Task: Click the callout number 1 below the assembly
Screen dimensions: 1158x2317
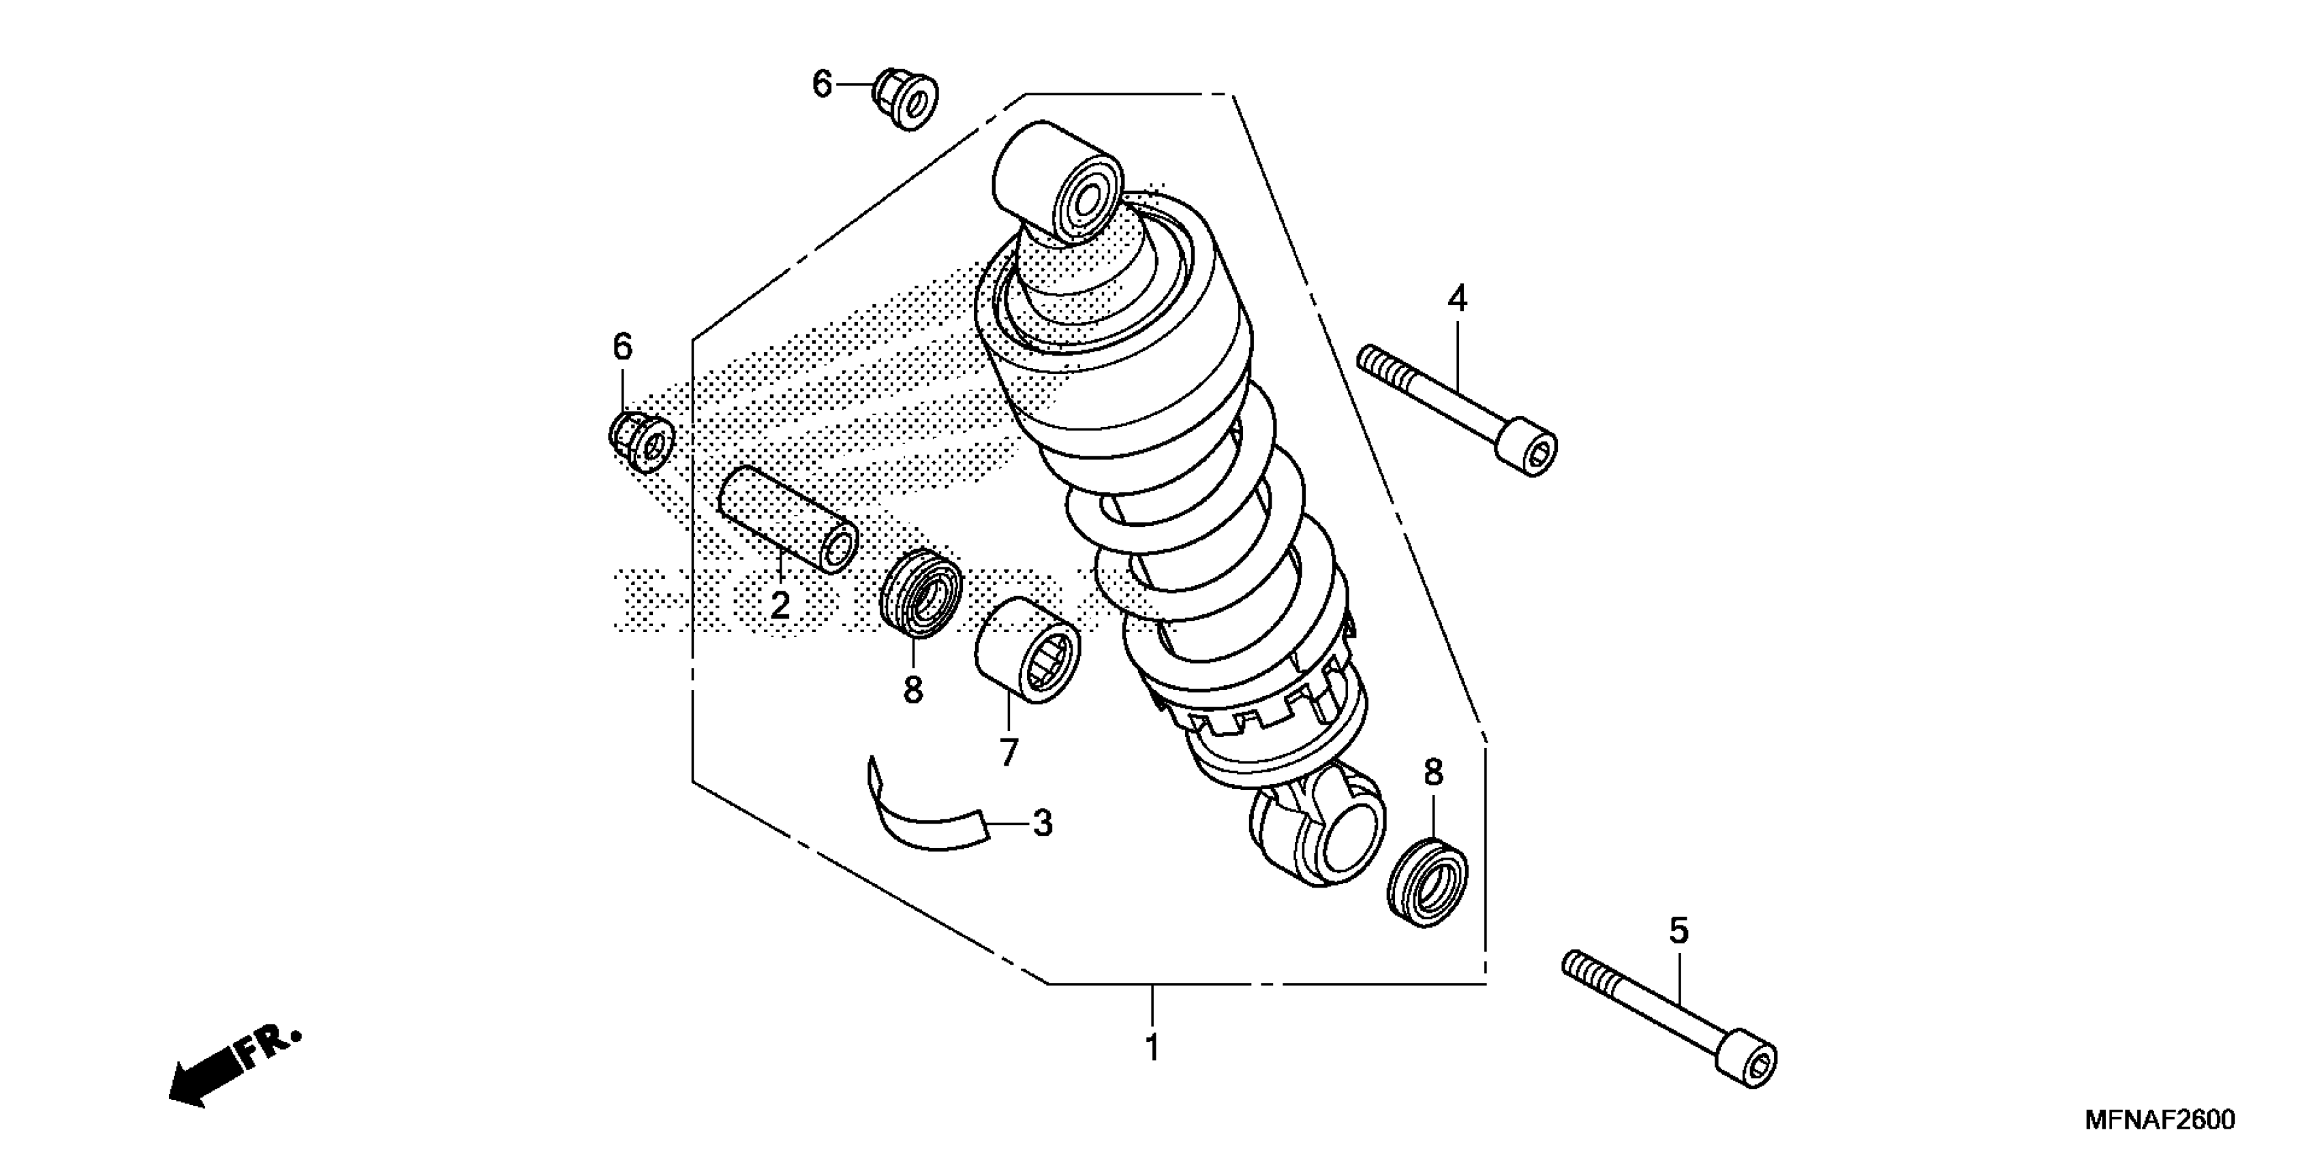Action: click(x=1152, y=1048)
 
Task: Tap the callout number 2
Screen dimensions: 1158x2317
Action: click(x=780, y=605)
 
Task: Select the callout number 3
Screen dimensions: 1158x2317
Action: click(x=1043, y=823)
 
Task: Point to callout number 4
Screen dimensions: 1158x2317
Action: click(x=1457, y=298)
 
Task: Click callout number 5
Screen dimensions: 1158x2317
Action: click(x=1678, y=931)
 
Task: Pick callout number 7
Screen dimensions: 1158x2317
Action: click(x=1009, y=751)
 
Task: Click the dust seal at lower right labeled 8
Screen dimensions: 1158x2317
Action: click(x=1428, y=881)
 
